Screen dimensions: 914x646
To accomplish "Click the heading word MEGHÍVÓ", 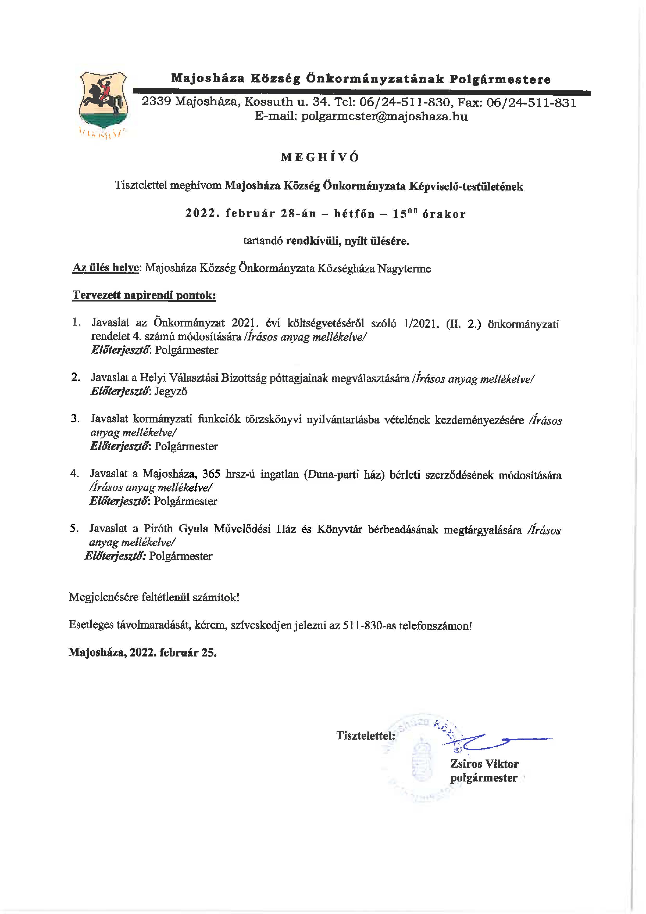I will click(x=320, y=157).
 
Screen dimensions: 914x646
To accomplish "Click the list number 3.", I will click(x=75, y=418).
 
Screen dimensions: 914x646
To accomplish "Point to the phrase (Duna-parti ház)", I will click(x=344, y=475).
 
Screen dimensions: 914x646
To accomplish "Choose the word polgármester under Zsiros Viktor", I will click(x=483, y=778).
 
